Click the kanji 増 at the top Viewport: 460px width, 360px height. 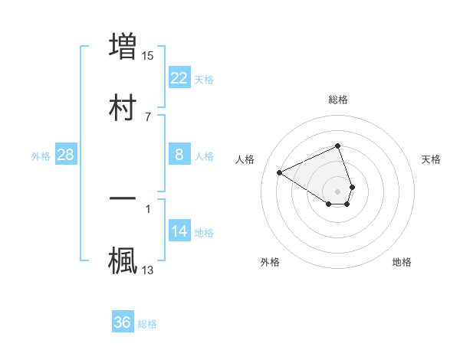(x=123, y=45)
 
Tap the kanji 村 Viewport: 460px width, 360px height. (x=123, y=106)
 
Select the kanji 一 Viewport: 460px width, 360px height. (x=123, y=198)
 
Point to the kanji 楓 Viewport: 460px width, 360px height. (x=123, y=260)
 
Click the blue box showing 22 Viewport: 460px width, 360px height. (x=179, y=78)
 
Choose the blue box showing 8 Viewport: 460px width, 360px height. (x=179, y=155)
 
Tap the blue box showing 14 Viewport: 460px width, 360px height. (x=179, y=231)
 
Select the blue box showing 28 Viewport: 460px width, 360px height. (x=65, y=155)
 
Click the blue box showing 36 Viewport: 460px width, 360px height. (x=123, y=322)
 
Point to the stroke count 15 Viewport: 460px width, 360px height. (x=149, y=55)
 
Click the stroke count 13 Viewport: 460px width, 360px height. (x=149, y=270)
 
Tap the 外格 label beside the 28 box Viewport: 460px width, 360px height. (x=41, y=155)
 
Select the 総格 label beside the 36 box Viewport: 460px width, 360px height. (x=147, y=323)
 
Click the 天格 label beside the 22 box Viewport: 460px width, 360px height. (x=204, y=79)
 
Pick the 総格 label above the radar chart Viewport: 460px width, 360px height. (x=338, y=100)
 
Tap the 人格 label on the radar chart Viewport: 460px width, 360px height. (x=245, y=159)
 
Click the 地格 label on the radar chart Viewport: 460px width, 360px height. (x=402, y=262)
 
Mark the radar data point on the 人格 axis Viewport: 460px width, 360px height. (x=280, y=172)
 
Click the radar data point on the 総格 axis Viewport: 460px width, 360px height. (x=338, y=146)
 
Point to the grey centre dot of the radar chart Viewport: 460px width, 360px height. (x=338, y=191)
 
